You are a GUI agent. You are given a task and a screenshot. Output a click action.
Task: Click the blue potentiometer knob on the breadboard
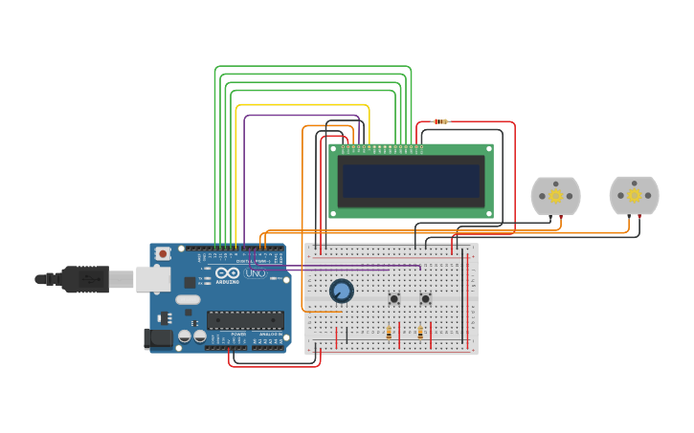pyautogui.click(x=341, y=291)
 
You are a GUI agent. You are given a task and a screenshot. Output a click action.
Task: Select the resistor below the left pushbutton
pyautogui.click(x=389, y=333)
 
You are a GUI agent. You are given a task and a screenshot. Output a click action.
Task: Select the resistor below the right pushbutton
pyautogui.click(x=420, y=333)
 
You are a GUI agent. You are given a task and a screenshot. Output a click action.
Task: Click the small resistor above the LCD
pyautogui.click(x=440, y=121)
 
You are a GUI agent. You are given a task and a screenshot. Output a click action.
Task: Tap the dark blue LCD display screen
pyautogui.click(x=412, y=181)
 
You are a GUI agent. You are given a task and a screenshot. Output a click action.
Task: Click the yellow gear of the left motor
pyautogui.click(x=555, y=196)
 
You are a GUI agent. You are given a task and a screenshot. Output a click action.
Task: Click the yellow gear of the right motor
pyautogui.click(x=634, y=195)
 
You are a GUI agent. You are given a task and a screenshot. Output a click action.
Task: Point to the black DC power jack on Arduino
pyautogui.click(x=154, y=337)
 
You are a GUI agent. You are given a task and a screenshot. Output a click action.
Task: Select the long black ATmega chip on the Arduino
pyautogui.click(x=245, y=319)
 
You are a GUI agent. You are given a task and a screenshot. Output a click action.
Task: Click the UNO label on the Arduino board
pyautogui.click(x=256, y=273)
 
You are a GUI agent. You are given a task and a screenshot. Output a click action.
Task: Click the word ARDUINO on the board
pyautogui.click(x=227, y=282)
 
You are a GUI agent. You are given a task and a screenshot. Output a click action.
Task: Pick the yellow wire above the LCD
pyautogui.click(x=302, y=105)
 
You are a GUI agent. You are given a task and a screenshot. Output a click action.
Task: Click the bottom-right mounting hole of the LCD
pyautogui.click(x=488, y=212)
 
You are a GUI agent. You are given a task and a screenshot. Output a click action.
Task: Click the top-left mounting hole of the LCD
pyautogui.click(x=334, y=150)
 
